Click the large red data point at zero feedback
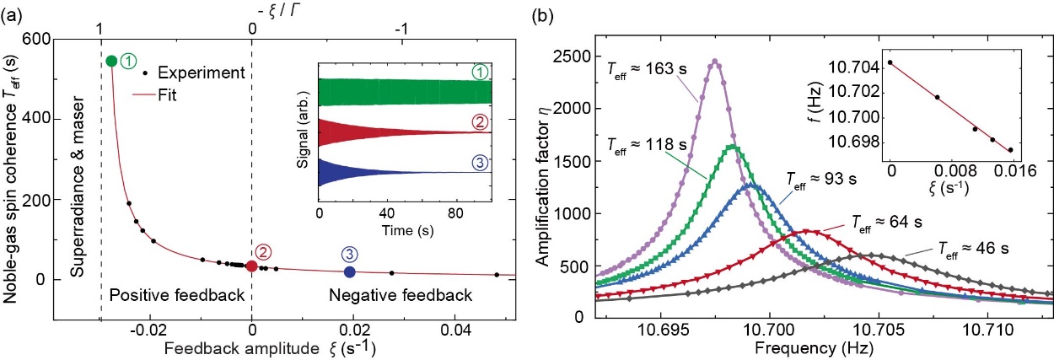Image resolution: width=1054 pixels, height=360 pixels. click(x=251, y=266)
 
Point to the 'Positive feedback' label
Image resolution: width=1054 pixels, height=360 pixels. click(x=177, y=295)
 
